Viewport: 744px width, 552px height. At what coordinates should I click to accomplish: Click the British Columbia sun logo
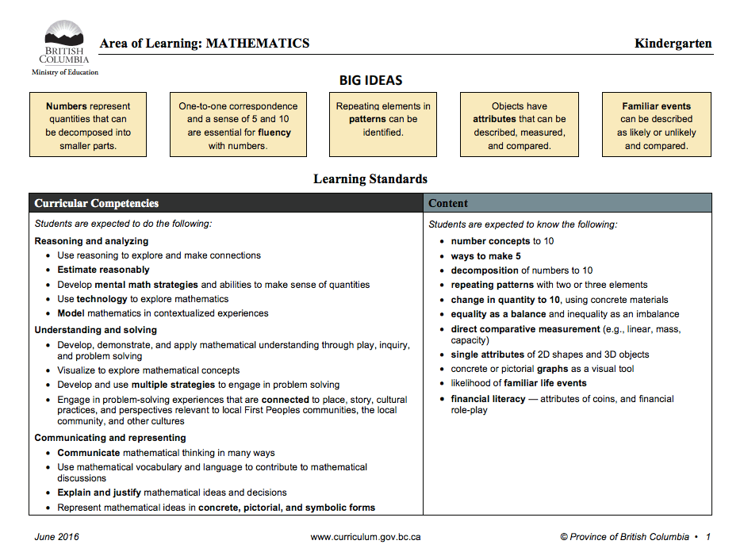[x=64, y=34]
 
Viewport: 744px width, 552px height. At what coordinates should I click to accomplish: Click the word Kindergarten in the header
[x=673, y=44]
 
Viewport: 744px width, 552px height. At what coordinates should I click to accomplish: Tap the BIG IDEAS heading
[x=370, y=80]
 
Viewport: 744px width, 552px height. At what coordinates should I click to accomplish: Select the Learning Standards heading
[x=370, y=179]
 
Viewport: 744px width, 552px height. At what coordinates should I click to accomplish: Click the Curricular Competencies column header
[x=96, y=204]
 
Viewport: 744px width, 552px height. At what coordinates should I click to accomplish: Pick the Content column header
[x=448, y=204]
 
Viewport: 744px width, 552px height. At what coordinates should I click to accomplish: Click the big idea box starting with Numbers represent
[x=88, y=125]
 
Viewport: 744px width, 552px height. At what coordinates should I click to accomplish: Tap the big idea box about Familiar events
[x=656, y=125]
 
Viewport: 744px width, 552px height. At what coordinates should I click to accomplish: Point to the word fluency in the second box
[x=274, y=132]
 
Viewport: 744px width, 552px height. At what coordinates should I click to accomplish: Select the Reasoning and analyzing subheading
[x=91, y=241]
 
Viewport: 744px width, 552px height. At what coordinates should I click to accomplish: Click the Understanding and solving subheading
[x=96, y=330]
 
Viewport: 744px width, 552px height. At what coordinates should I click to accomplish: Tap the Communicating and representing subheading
[x=110, y=438]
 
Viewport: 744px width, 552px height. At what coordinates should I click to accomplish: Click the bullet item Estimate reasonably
[x=103, y=270]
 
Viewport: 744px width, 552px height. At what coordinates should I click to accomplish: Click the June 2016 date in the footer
[x=56, y=537]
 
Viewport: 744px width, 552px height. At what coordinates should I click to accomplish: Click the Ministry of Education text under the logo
[x=65, y=72]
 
